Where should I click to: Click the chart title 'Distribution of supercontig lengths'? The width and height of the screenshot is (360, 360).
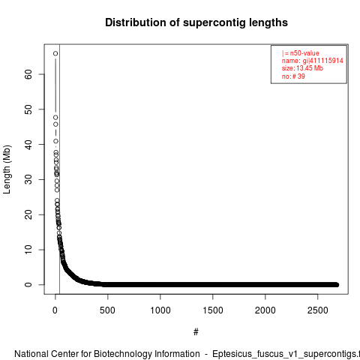click(x=196, y=22)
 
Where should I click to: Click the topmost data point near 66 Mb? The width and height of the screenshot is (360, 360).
click(x=55, y=53)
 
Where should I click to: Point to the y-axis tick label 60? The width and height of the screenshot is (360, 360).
click(x=28, y=74)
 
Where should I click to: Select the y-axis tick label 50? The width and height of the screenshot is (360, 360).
click(x=28, y=109)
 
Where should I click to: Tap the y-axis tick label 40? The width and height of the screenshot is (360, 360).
click(x=28, y=145)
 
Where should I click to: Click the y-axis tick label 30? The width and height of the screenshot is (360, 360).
click(x=28, y=179)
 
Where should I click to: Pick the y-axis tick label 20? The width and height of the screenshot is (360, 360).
click(x=28, y=214)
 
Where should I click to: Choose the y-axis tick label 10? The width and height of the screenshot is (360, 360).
click(x=28, y=250)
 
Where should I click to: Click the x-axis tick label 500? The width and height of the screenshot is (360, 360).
click(x=107, y=310)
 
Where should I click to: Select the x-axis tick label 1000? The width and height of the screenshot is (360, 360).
click(x=160, y=310)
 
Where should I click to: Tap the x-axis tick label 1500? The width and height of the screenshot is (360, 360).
click(x=213, y=310)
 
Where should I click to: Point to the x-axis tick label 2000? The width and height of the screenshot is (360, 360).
click(x=265, y=310)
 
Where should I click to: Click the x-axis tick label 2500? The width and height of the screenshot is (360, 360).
click(x=318, y=310)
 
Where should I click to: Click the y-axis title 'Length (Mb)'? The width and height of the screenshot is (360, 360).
click(x=7, y=169)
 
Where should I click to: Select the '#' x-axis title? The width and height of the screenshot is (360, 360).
click(x=196, y=332)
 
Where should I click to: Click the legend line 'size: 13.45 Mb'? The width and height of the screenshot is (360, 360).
click(x=302, y=68)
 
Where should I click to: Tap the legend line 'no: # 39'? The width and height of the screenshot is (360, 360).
click(x=293, y=76)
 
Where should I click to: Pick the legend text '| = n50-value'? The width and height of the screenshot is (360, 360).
click(x=300, y=53)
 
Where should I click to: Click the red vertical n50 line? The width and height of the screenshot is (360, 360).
click(x=59, y=169)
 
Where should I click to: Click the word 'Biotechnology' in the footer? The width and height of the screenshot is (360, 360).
click(x=122, y=354)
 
